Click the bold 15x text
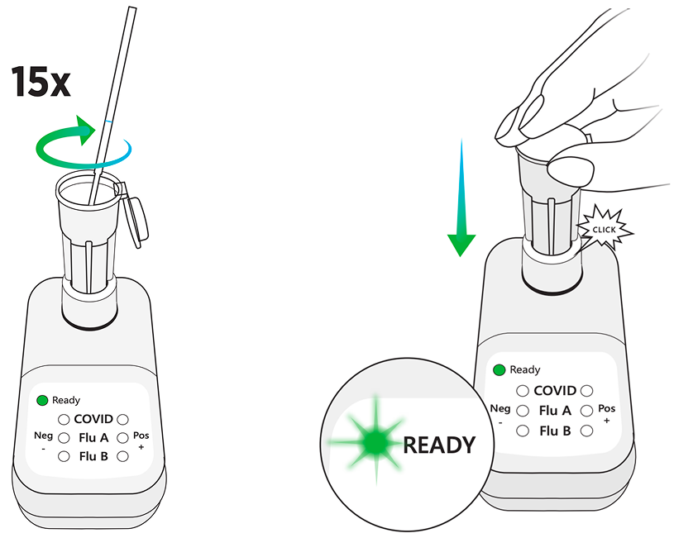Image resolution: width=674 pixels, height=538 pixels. [41, 82]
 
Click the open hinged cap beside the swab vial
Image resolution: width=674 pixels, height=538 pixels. [135, 217]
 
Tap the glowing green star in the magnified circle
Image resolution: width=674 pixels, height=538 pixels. [374, 444]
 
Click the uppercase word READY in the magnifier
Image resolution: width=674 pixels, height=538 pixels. [439, 445]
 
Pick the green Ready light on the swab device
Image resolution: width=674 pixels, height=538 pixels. [41, 400]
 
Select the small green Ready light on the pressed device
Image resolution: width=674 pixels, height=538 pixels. [499, 369]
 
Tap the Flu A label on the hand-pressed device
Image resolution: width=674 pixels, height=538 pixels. [555, 411]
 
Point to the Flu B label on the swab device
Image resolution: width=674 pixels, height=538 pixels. [93, 455]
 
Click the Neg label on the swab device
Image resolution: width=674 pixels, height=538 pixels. [43, 436]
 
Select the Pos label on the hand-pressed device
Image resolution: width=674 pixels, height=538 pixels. [606, 409]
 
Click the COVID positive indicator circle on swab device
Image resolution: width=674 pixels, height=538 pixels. [122, 420]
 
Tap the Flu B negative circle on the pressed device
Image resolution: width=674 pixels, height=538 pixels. [523, 431]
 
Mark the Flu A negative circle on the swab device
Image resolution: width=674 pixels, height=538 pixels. [64, 437]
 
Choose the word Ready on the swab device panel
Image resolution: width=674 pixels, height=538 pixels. [66, 400]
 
